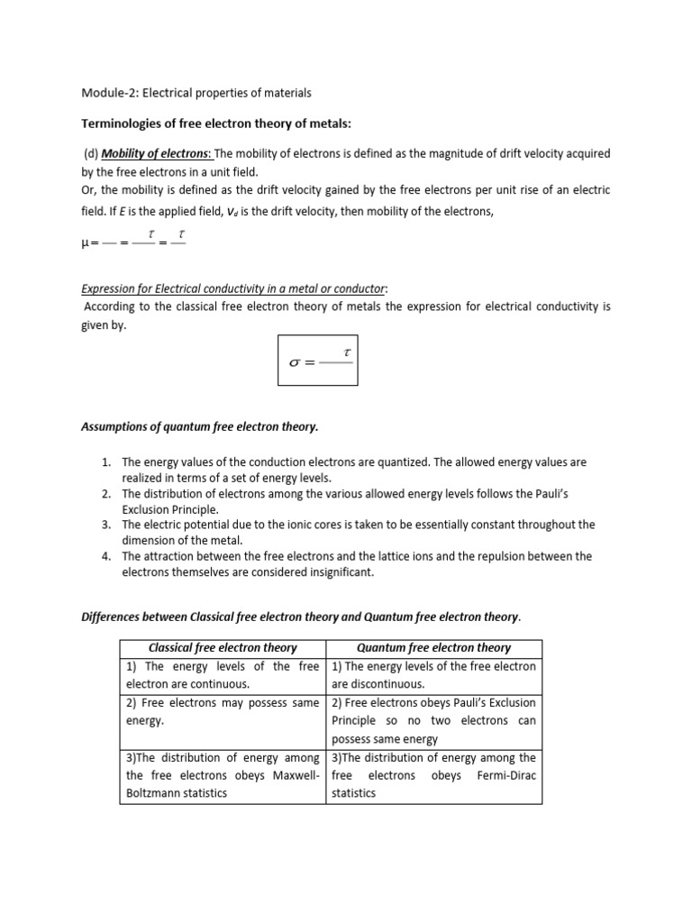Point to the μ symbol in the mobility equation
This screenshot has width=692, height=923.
coord(86,242)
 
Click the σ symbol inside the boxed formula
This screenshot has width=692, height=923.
coord(296,362)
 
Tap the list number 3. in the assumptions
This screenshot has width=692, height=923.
coord(105,525)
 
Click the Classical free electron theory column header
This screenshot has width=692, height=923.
coord(223,647)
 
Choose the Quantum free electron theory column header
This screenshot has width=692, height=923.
coord(434,647)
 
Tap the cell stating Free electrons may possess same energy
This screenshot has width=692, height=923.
coord(223,711)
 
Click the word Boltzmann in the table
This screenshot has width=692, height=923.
coord(157,793)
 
